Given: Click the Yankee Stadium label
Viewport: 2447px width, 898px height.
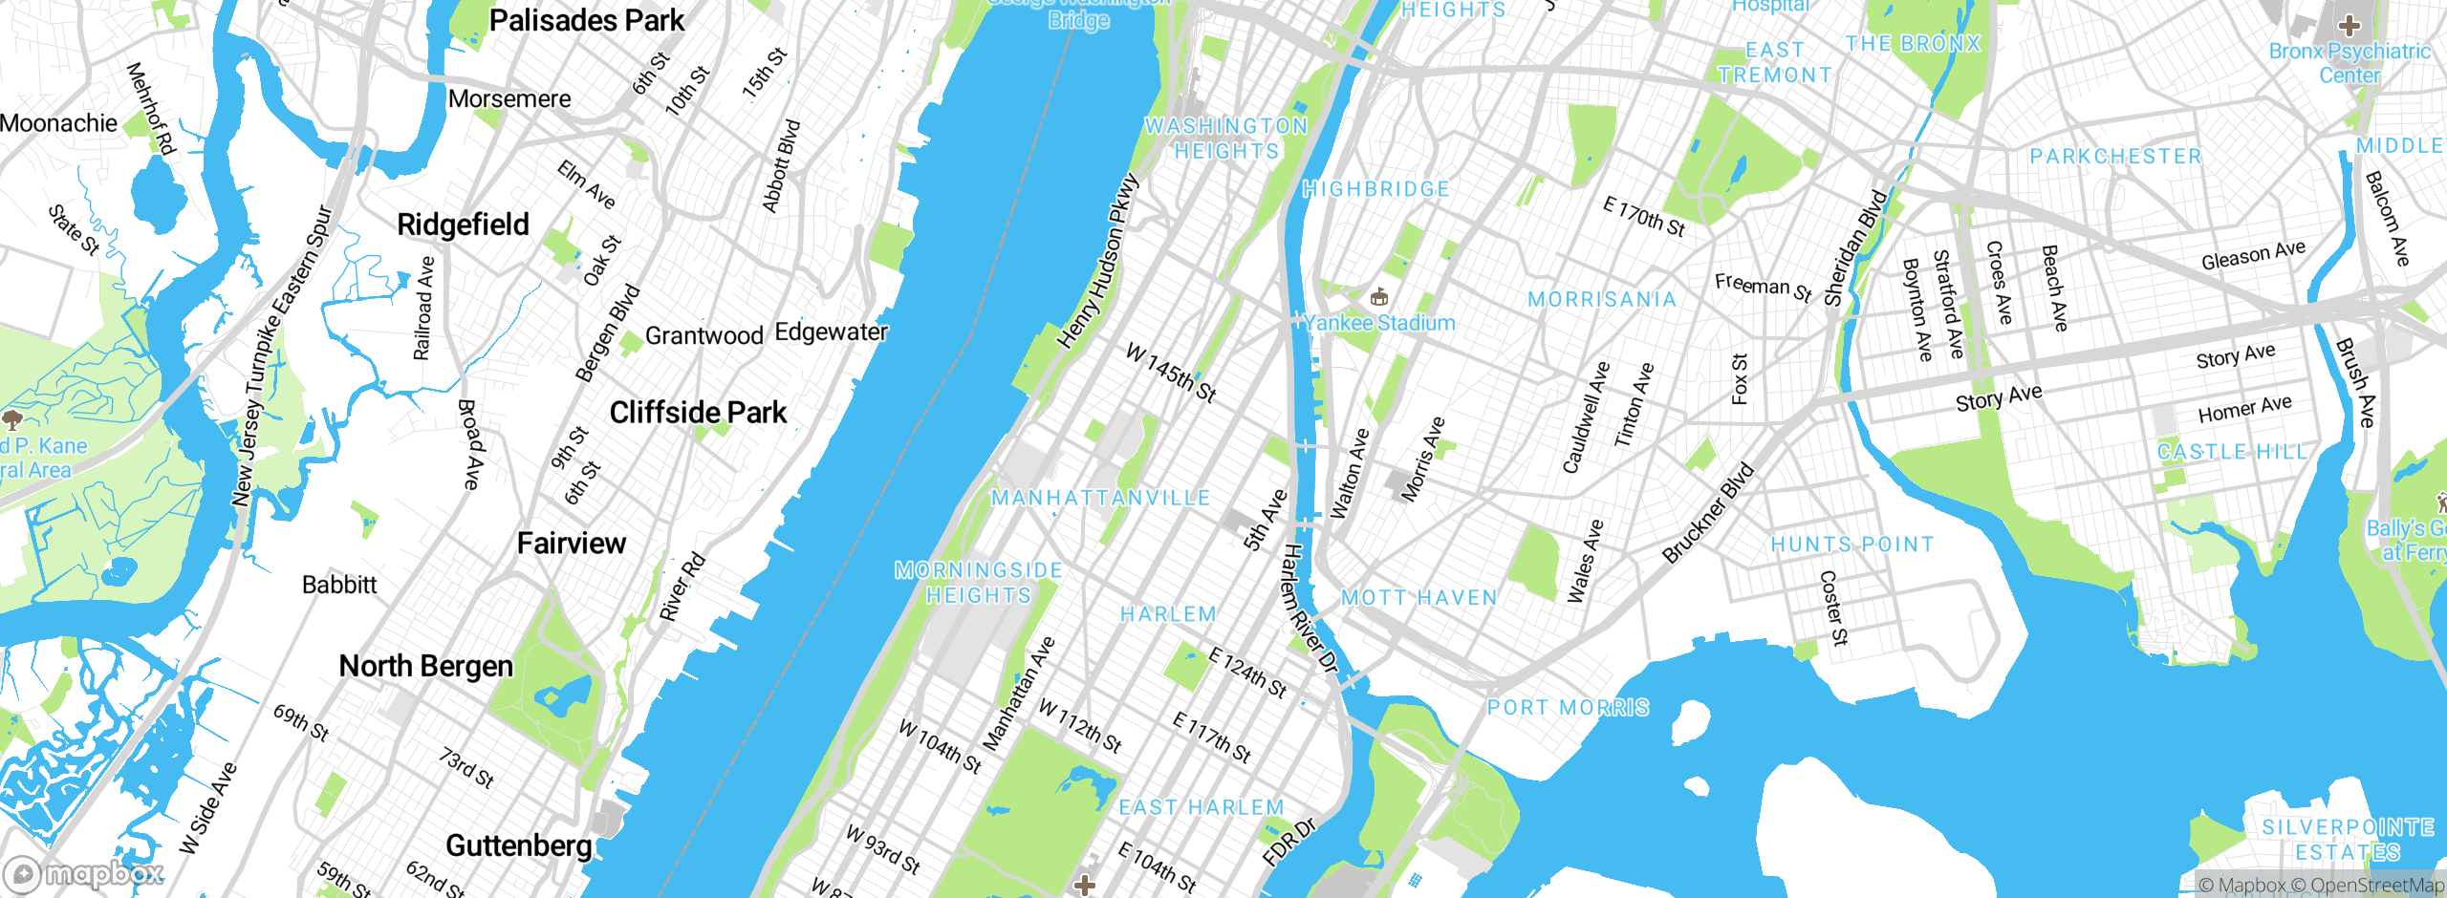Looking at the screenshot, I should pyautogui.click(x=1380, y=323).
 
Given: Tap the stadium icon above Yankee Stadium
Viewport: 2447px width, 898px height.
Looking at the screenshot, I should pyautogui.click(x=1378, y=297).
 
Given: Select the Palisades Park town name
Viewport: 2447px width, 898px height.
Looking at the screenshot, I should pyautogui.click(x=586, y=20).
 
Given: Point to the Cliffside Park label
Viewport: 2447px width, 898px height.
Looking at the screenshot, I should pyautogui.click(x=698, y=413).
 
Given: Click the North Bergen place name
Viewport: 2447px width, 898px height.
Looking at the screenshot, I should pyautogui.click(x=426, y=666).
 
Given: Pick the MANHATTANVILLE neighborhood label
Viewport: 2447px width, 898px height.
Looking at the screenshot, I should pyautogui.click(x=1101, y=498).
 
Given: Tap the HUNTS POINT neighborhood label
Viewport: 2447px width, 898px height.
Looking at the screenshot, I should pyautogui.click(x=1852, y=545).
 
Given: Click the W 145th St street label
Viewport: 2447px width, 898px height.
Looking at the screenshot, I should pyautogui.click(x=1171, y=373).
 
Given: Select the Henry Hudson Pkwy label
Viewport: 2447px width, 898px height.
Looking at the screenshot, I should pyautogui.click(x=1098, y=261).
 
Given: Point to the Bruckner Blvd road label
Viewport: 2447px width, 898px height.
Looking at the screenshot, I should pyautogui.click(x=1708, y=513).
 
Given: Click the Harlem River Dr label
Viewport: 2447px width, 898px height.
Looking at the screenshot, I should pyautogui.click(x=1309, y=608).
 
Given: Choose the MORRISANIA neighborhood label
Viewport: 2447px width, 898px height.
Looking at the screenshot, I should pyautogui.click(x=1602, y=300).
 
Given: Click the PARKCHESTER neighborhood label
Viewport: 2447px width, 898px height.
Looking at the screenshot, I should pyautogui.click(x=2115, y=157).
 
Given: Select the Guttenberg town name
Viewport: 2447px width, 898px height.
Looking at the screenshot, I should pyautogui.click(x=519, y=845).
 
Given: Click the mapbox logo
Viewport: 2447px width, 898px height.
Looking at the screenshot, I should pyautogui.click(x=84, y=873).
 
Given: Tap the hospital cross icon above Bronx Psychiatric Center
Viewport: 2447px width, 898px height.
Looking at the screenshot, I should pyautogui.click(x=2350, y=26).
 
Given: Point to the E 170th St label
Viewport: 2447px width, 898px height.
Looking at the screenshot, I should pyautogui.click(x=1644, y=216).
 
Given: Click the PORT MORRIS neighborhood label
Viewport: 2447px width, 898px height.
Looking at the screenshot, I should pyautogui.click(x=1568, y=708).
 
